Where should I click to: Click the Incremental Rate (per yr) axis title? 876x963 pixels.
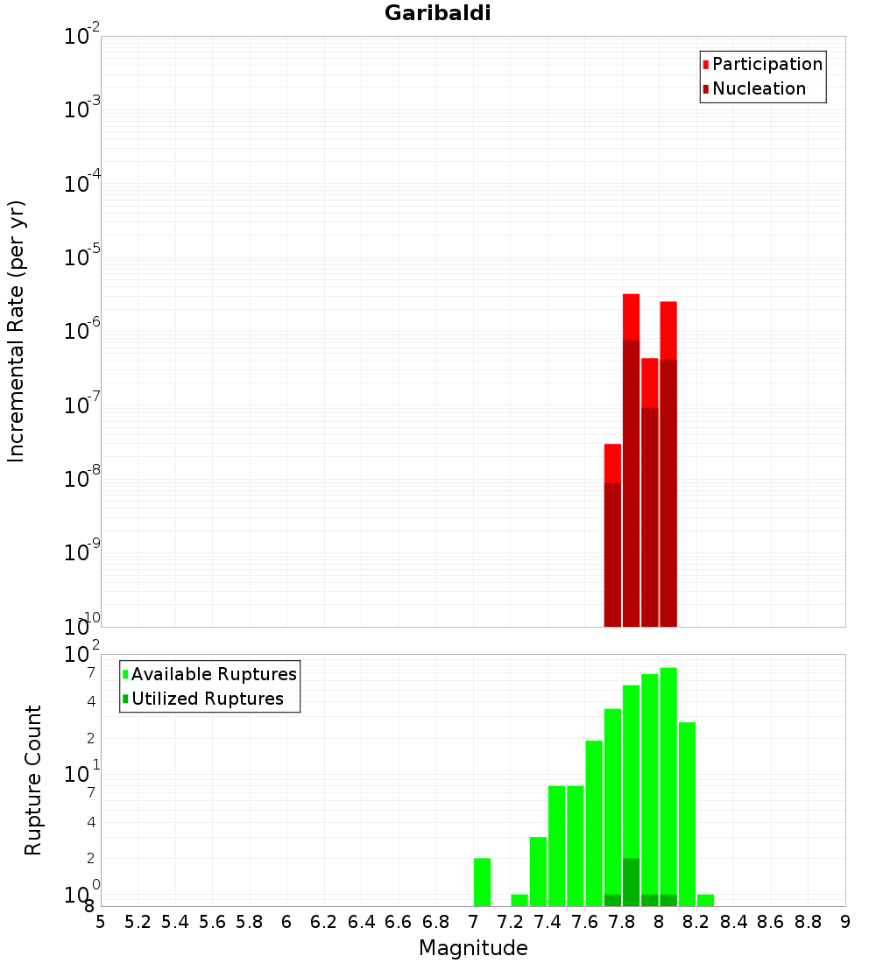pyautogui.click(x=17, y=332)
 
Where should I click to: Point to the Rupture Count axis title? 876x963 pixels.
pyautogui.click(x=33, y=780)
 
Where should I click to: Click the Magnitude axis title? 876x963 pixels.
pyautogui.click(x=473, y=948)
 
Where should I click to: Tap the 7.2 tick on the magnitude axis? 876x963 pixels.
pyautogui.click(x=511, y=922)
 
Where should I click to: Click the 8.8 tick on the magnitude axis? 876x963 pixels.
pyautogui.click(x=809, y=922)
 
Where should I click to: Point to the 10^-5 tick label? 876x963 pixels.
pyautogui.click(x=82, y=257)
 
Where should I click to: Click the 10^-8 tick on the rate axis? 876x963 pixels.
pyautogui.click(x=82, y=479)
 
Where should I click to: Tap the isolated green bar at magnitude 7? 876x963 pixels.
pyautogui.click(x=482, y=882)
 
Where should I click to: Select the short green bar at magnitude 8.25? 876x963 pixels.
pyautogui.click(x=705, y=900)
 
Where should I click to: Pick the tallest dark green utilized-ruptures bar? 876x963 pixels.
pyautogui.click(x=631, y=882)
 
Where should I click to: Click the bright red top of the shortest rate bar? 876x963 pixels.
pyautogui.click(x=612, y=463)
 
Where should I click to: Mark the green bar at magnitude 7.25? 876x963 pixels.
pyautogui.click(x=519, y=900)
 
